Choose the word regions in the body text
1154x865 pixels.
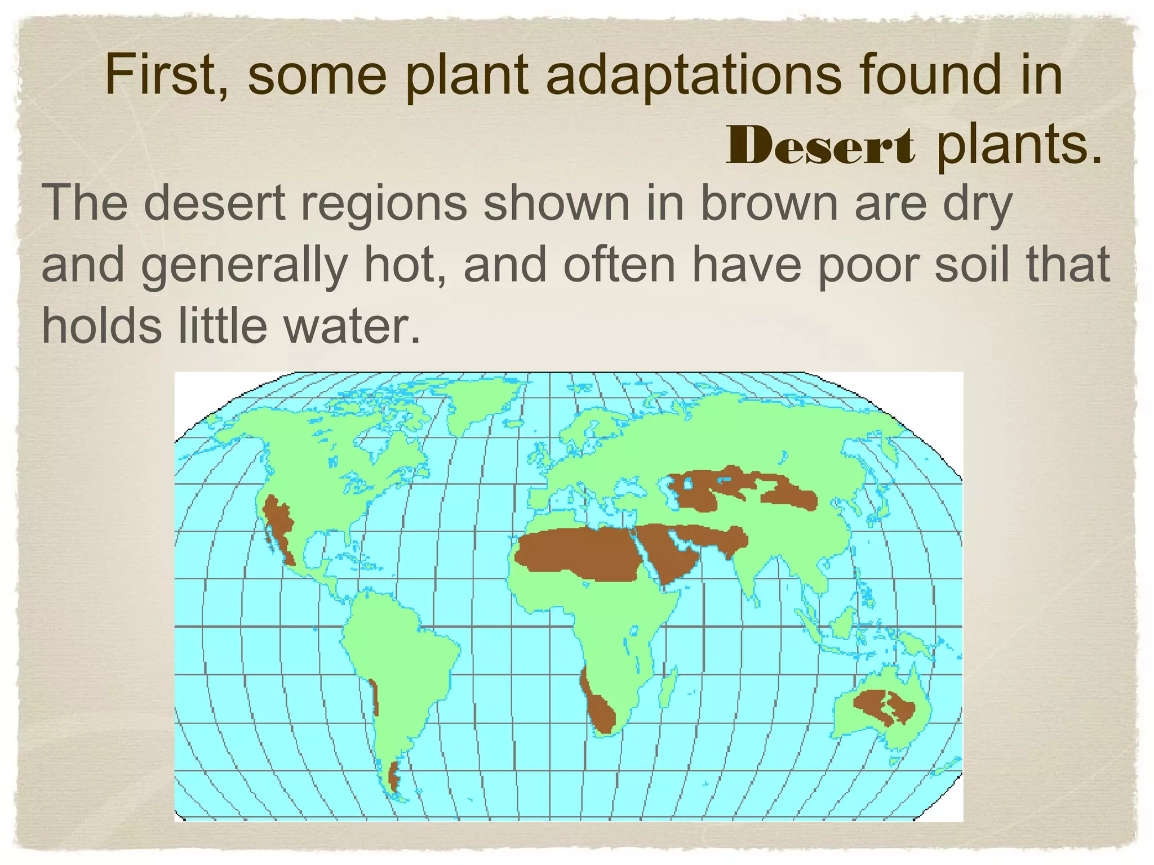click(384, 204)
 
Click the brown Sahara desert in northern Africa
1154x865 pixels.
click(580, 555)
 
